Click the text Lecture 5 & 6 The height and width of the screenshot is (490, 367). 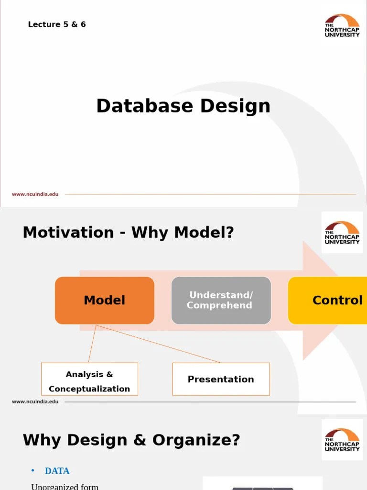[x=57, y=24]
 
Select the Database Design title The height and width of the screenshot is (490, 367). [x=183, y=106]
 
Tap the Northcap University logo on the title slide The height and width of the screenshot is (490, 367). [x=342, y=25]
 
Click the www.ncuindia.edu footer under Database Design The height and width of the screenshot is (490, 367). [x=35, y=194]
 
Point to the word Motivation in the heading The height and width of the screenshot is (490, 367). [x=68, y=233]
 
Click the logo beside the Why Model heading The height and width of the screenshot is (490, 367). [x=342, y=233]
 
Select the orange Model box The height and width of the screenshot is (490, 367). [x=104, y=301]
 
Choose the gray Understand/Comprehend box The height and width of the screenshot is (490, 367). [x=221, y=301]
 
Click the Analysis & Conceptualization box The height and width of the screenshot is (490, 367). [x=89, y=381]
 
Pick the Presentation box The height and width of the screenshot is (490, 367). [x=221, y=379]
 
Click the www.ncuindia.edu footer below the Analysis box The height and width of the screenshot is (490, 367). [x=35, y=401]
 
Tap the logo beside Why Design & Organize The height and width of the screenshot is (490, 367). [x=342, y=440]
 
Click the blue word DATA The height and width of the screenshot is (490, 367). [x=57, y=471]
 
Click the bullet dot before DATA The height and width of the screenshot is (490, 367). [x=33, y=471]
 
